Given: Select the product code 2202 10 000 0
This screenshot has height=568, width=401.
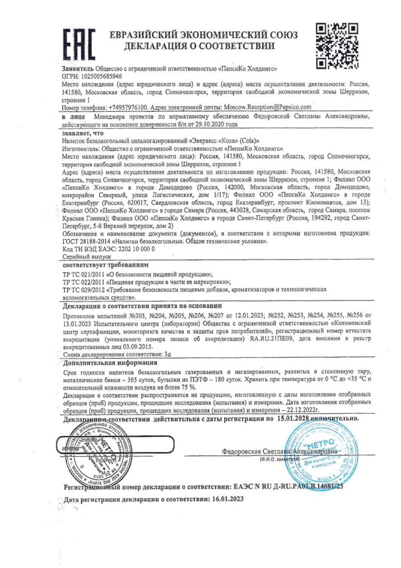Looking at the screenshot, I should click(136, 248).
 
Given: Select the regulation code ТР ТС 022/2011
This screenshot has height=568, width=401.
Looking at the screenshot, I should click(83, 282).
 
